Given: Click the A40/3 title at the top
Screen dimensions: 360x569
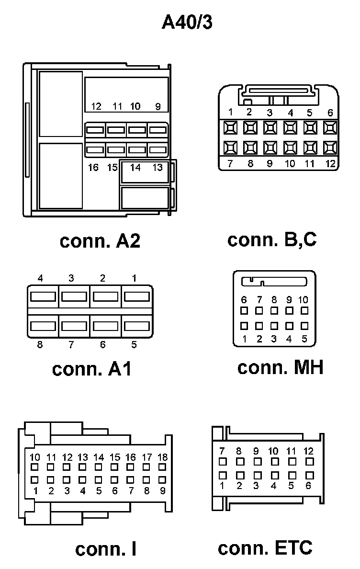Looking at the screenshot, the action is [187, 22].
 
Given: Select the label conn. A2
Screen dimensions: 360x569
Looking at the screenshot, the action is [100, 240].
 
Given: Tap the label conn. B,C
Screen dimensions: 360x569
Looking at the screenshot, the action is [272, 239].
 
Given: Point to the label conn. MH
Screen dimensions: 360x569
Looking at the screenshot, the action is [280, 367].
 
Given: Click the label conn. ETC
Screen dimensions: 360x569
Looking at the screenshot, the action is [265, 547].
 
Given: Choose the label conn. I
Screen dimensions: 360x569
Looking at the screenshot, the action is [106, 549].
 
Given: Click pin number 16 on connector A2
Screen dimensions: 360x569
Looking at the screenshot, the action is [93, 168].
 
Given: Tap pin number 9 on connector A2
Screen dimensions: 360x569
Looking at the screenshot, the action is [158, 106].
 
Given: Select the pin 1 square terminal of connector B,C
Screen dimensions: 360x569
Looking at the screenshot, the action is [230, 127].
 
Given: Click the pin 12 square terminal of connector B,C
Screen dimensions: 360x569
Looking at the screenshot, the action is [330, 147].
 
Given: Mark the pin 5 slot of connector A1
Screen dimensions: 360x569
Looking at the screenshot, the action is [137, 326].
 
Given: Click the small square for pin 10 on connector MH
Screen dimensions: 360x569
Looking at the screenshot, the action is [304, 310].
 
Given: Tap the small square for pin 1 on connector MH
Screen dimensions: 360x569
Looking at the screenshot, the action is [244, 326].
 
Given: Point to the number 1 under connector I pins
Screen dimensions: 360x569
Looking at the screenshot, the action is [35, 490].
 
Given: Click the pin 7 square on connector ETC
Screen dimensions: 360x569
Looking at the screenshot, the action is [222, 462].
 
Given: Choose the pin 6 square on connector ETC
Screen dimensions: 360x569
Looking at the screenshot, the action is [309, 475].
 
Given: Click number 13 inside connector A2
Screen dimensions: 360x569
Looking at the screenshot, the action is [157, 168].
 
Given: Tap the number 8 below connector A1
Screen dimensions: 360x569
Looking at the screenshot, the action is [40, 344].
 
